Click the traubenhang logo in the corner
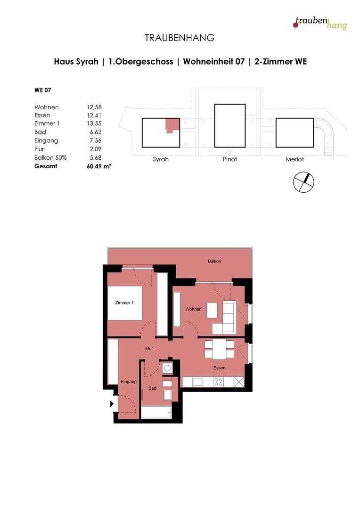pos(320,22)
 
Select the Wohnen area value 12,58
pos(95,107)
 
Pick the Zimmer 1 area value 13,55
pos(95,123)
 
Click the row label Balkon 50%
pos(50,158)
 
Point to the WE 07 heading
pos(43,90)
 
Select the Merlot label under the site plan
pos(295,160)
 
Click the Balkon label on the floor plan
pos(214,261)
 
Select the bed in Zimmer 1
pos(125,303)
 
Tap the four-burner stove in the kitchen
pos(219,382)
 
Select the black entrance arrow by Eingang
pos(112,403)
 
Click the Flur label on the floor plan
pos(149,349)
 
